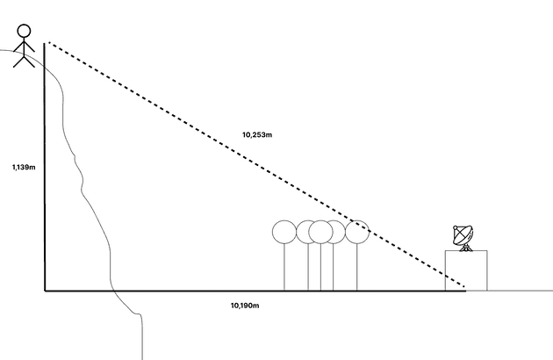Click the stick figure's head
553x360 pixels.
tap(24, 31)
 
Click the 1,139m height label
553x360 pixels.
tap(24, 167)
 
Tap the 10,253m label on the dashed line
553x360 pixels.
tap(257, 134)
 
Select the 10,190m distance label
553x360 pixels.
tap(245, 306)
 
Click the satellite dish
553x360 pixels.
tap(463, 237)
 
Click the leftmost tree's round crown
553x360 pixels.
tap(284, 232)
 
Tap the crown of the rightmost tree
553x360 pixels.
tap(357, 232)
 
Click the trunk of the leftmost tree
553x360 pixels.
tap(284, 267)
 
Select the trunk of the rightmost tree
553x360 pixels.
tap(357, 267)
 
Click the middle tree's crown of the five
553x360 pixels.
tap(320, 232)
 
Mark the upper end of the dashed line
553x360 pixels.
tap(48, 43)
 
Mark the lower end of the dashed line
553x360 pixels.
tap(463, 286)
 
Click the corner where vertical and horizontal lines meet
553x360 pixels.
tap(45, 291)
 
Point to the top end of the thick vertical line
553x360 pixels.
tap(45, 43)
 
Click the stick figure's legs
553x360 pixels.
tap(24, 61)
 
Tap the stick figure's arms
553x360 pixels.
tap(24, 46)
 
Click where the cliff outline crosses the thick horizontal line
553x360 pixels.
tap(113, 291)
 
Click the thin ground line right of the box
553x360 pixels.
tap(521, 291)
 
